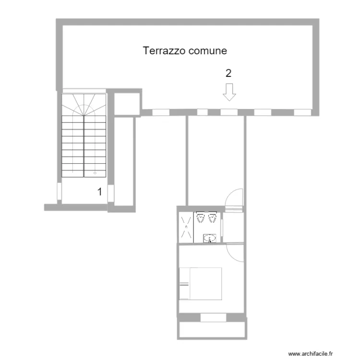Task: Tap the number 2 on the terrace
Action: coord(228,73)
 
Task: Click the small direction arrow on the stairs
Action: coord(95,171)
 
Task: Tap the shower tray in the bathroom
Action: coord(186,227)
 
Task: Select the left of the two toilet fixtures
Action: coord(200,218)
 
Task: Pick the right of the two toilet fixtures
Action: coord(212,218)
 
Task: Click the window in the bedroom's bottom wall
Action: coord(213,317)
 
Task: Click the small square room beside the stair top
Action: coord(127,102)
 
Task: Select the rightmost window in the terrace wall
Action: coord(302,112)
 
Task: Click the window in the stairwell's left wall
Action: coord(59,192)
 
